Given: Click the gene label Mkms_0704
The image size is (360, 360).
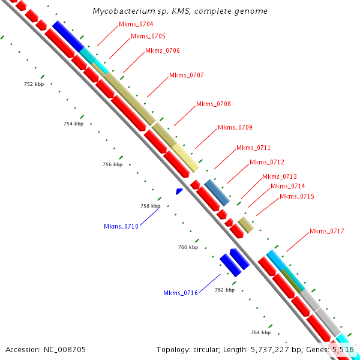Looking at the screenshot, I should pos(136,25).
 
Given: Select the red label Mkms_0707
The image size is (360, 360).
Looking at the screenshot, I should pos(187,76).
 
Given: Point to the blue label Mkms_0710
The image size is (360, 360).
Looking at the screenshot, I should pos(121,227).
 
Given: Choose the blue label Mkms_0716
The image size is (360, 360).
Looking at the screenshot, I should pos(181,293).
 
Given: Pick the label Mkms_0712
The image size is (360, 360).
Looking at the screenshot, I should pos(267,163).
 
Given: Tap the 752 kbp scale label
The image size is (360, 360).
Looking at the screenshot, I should pos(34,85).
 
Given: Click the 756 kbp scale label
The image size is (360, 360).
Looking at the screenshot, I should pos(112,164).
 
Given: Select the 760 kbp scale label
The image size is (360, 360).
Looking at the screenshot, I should pos(188,247).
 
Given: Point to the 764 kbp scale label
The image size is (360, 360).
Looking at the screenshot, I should pos(260,332).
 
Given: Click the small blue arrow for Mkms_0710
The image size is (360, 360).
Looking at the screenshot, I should pos(179,191).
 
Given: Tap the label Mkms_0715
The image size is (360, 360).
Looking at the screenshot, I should pos(297,197).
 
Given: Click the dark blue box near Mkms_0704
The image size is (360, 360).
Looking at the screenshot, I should pos(68,36).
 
